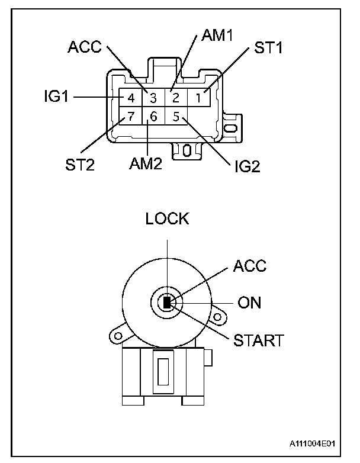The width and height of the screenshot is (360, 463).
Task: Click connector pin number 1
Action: pyautogui.click(x=199, y=98)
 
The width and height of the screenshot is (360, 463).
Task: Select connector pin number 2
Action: pyautogui.click(x=176, y=98)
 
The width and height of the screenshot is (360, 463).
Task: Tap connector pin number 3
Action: pyautogui.click(x=153, y=98)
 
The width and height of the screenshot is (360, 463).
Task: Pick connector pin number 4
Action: pyautogui.click(x=130, y=98)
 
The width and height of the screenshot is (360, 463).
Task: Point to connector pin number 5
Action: pyautogui.click(x=176, y=116)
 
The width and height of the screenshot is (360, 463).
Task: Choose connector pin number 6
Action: pyautogui.click(x=153, y=116)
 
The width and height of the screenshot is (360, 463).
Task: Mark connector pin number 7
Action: pyautogui.click(x=130, y=116)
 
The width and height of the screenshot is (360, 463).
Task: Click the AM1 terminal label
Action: pyautogui.click(x=217, y=35)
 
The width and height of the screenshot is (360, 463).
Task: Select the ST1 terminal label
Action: pyautogui.click(x=268, y=47)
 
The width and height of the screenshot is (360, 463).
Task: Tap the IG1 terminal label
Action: pyautogui.click(x=56, y=97)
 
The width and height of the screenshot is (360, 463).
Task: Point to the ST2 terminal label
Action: pyautogui.click(x=80, y=165)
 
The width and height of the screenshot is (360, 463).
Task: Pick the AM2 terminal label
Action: pyautogui.click(x=146, y=163)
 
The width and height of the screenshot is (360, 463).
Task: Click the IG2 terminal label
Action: pyautogui.click(x=247, y=166)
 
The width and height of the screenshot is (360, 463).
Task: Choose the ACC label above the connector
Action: pyautogui.click(x=85, y=47)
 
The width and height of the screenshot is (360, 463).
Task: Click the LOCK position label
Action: pyautogui.click(x=167, y=219)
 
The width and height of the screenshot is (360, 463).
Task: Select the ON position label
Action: pyautogui.click(x=249, y=303)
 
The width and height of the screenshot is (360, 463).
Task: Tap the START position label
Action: pyautogui.click(x=258, y=340)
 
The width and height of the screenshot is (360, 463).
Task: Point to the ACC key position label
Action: pyautogui.click(x=250, y=266)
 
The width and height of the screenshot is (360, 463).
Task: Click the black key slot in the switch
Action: pyautogui.click(x=167, y=303)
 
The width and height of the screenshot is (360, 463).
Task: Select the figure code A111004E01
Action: pyautogui.click(x=312, y=443)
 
